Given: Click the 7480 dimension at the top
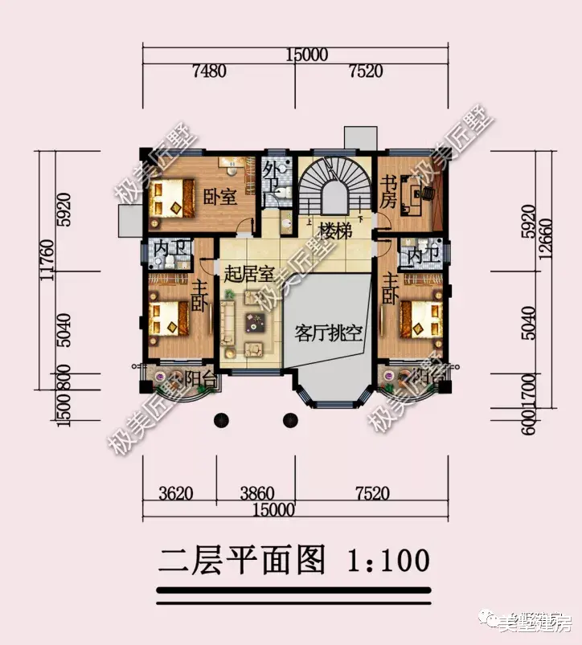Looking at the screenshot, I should pos(208,72).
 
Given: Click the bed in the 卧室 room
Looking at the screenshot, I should pos(170,198).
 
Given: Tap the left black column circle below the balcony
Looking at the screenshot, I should pos(220,419).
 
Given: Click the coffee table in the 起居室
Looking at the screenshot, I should pos(256,323).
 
